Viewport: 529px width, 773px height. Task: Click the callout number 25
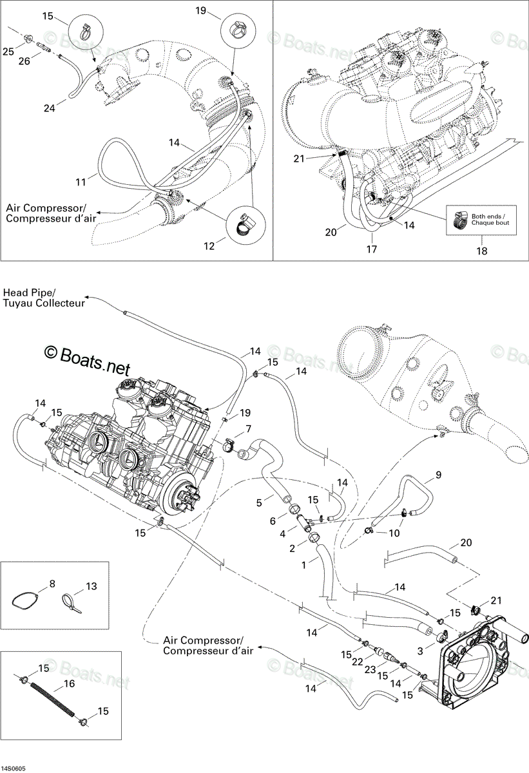[8, 52]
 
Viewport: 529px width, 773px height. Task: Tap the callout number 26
[24, 61]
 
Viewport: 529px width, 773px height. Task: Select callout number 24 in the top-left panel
[50, 108]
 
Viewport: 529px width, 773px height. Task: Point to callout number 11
[81, 182]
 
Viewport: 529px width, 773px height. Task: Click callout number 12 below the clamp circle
[209, 245]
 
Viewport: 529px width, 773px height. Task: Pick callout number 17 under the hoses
[372, 249]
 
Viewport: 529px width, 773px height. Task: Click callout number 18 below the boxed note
[482, 251]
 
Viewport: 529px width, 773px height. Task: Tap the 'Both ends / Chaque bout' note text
[490, 220]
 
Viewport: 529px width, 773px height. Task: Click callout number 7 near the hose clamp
[248, 428]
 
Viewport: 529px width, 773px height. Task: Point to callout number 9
[438, 475]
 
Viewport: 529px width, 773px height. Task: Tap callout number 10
[394, 533]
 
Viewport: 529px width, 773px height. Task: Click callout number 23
[370, 669]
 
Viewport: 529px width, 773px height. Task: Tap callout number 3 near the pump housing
[420, 651]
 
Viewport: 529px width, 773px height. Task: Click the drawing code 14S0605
[11, 769]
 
